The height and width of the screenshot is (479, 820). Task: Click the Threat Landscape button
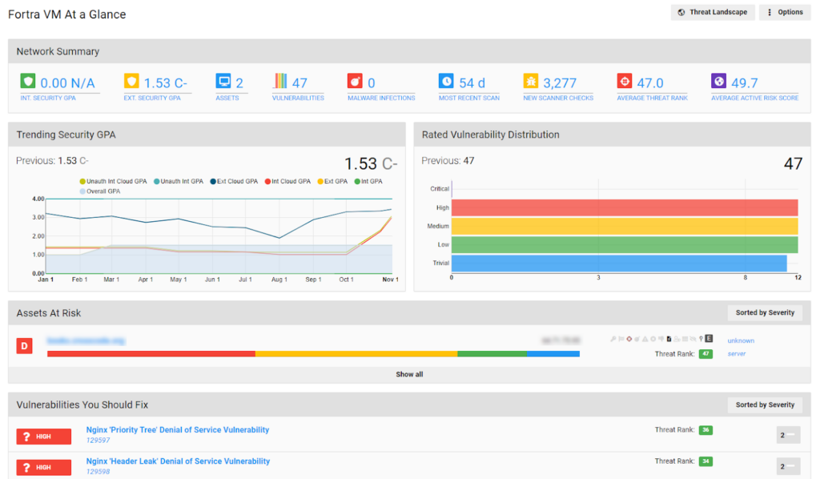tap(713, 12)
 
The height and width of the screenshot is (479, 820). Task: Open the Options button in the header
tap(785, 12)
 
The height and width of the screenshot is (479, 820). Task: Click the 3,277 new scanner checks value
tap(560, 83)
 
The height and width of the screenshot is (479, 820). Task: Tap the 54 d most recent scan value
tap(472, 83)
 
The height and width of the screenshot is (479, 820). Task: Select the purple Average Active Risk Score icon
tap(718, 82)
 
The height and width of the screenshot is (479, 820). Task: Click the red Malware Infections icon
tap(355, 82)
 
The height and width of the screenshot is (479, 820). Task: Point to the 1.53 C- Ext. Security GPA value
tap(166, 83)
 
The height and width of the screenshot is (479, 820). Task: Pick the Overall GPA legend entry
tap(102, 191)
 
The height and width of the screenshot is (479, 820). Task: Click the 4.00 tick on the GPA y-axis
tap(38, 199)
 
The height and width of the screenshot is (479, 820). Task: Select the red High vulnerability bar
tap(625, 207)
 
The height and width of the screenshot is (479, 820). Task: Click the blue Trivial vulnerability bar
tap(619, 263)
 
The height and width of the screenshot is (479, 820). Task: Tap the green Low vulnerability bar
tap(625, 244)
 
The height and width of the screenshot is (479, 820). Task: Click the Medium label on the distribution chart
tap(438, 226)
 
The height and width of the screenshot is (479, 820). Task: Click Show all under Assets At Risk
tap(409, 374)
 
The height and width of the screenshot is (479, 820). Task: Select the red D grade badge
tap(25, 346)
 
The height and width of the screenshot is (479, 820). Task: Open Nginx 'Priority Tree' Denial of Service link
tap(178, 430)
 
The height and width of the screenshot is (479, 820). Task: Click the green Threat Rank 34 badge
tap(705, 461)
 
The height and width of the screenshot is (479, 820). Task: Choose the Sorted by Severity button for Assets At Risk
tap(765, 312)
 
